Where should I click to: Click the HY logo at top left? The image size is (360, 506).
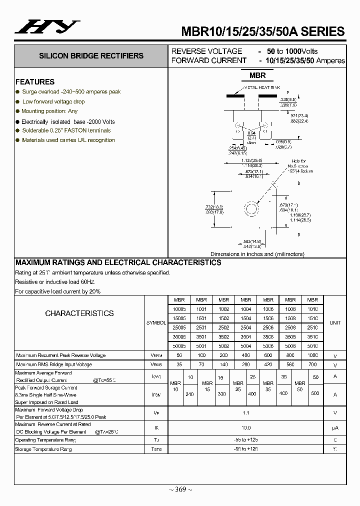[47, 27]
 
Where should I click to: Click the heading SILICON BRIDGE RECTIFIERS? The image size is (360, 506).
[91, 56]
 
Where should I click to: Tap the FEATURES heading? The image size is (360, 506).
[35, 82]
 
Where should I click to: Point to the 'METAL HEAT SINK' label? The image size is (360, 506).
[260, 87]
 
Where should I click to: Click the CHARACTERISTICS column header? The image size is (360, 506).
[79, 313]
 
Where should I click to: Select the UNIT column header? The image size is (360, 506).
[335, 323]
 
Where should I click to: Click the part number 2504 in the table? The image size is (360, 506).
[245, 327]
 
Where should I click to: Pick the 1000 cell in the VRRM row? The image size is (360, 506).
[312, 355]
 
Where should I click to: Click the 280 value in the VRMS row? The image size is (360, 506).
[245, 365]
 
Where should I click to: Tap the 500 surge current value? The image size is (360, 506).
[314, 393]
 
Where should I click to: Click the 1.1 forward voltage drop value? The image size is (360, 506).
[245, 413]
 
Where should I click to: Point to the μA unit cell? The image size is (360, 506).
[335, 428]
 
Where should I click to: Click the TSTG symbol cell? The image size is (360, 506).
[156, 449]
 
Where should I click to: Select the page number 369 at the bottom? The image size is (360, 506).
[180, 489]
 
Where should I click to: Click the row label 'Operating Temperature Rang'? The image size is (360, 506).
[46, 440]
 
